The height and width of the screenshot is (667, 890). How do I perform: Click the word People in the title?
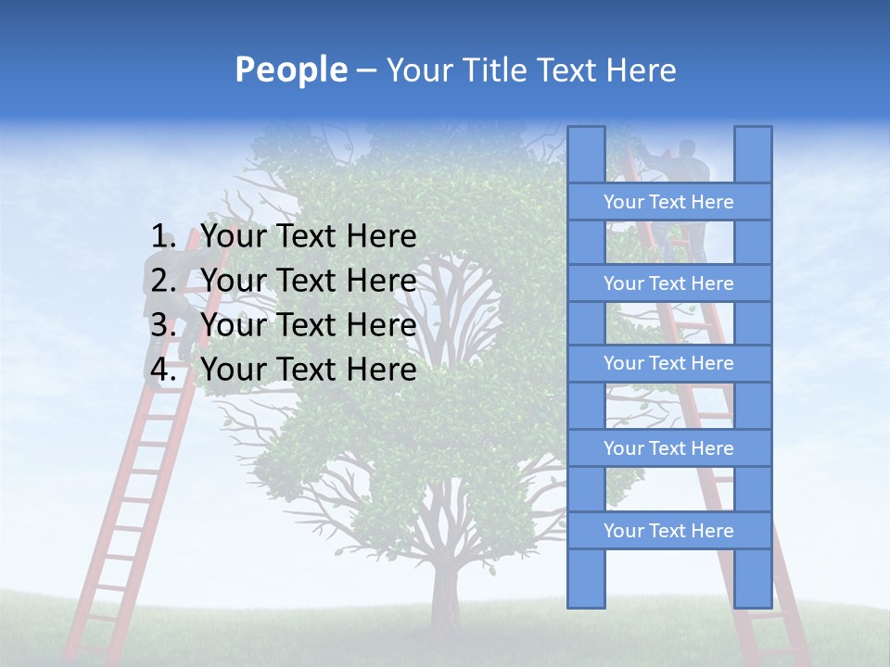[x=290, y=69]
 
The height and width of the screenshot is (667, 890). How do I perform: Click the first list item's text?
[x=308, y=237]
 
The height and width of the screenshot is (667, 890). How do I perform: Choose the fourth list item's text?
[x=308, y=370]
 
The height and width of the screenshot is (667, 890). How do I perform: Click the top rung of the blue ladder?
[x=668, y=202]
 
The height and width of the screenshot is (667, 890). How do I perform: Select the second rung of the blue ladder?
[x=668, y=283]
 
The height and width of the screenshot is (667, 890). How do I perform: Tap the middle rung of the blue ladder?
[x=668, y=363]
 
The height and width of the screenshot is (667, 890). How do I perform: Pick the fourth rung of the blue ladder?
[x=668, y=448]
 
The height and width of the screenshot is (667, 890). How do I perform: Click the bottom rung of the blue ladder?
[x=668, y=531]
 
